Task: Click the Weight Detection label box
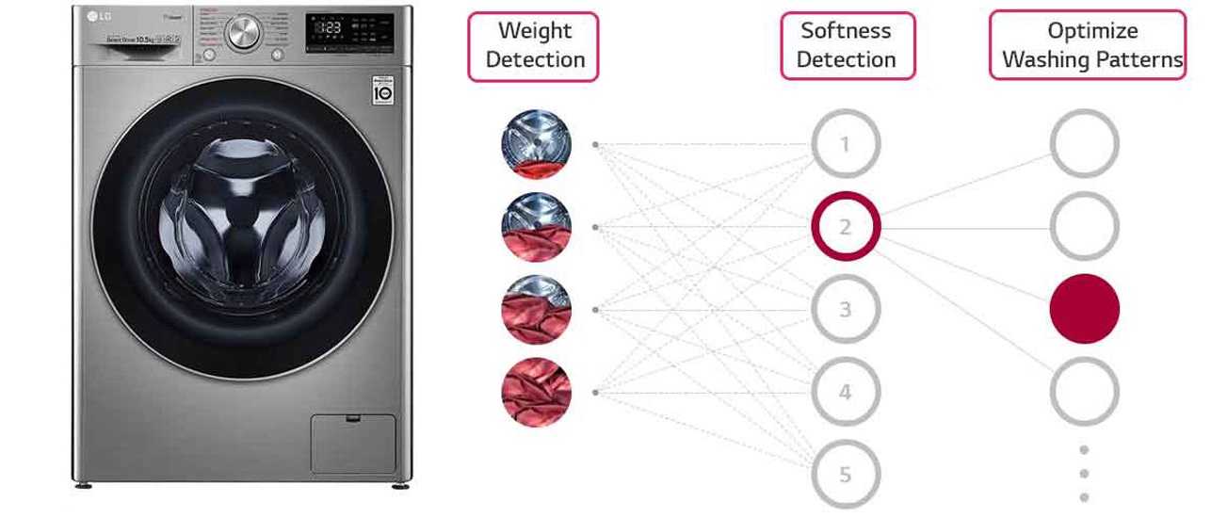533,46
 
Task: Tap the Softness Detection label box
847,46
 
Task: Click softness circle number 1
845,145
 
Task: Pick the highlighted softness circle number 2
845,227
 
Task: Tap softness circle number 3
845,309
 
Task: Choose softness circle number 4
845,392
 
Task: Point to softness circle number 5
845,474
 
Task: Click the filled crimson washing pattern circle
1084,309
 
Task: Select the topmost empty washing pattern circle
1084,145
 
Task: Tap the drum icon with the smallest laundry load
536,145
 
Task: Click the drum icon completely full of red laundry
536,392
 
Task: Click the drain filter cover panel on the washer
353,443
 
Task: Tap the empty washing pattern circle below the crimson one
1084,392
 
